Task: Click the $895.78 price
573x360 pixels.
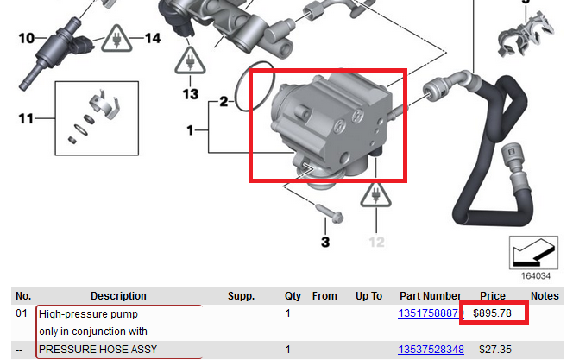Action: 492,313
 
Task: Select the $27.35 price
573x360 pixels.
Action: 495,350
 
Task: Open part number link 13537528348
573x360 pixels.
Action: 431,350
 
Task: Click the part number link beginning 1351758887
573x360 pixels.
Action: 428,313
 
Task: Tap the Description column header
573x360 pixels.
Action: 118,295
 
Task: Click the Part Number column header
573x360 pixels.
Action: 431,295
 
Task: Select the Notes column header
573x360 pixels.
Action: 545,295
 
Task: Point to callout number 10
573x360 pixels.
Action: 26,38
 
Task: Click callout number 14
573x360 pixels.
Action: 153,38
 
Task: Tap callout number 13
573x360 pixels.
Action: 191,94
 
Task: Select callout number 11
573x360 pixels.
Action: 26,118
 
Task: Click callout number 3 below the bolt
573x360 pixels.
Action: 325,242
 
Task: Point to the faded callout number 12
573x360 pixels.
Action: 376,242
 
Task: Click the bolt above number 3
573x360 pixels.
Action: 330,213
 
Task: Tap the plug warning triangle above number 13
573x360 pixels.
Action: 190,60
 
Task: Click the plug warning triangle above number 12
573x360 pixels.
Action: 375,194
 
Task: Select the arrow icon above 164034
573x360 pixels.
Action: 533,253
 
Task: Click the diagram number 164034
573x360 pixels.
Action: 535,276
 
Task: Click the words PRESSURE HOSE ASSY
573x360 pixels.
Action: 98,350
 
